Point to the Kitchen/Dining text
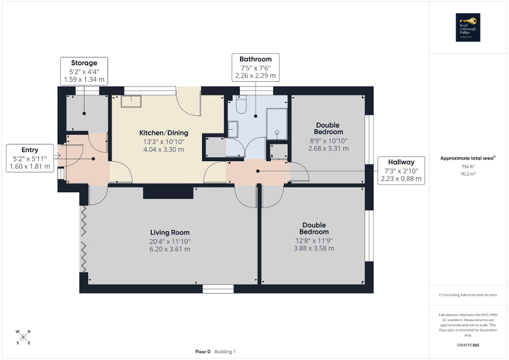point(163,133)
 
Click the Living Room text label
point(169,232)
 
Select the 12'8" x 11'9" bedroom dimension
point(314,240)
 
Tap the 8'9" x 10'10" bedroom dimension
point(328,141)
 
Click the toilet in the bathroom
point(241,106)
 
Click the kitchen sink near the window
point(131,100)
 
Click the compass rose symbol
point(24,337)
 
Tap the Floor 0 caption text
point(203,352)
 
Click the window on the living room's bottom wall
point(218,288)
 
